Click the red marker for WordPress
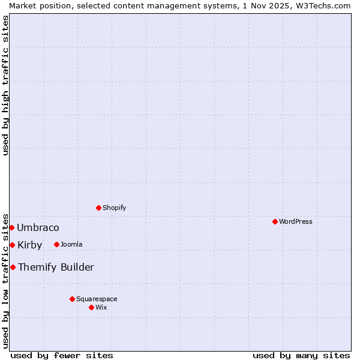[275, 221]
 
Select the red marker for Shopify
[98, 208]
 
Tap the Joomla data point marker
[56, 244]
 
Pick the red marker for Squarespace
[72, 299]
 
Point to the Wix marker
[91, 307]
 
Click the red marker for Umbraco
[11, 227]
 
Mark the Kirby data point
[12, 245]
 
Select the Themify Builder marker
[13, 267]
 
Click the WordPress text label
[296, 221]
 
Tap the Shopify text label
[114, 208]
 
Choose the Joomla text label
[71, 244]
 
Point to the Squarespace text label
[97, 299]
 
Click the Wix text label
[101, 307]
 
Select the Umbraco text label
[38, 227]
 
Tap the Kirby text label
[30, 245]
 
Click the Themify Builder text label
[56, 267]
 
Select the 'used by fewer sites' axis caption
[62, 355]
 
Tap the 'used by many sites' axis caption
[301, 355]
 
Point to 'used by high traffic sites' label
[5, 85]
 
